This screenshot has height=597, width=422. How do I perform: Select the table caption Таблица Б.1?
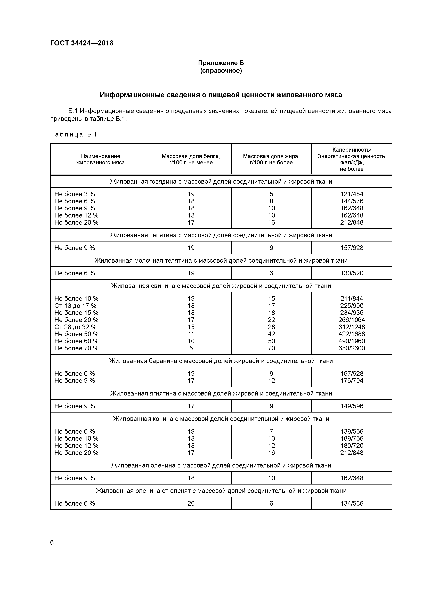coord(73,134)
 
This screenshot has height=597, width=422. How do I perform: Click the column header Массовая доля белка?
coord(191,159)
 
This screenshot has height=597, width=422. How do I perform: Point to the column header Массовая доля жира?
coord(271,159)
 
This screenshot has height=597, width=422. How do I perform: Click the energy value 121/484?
coord(352,194)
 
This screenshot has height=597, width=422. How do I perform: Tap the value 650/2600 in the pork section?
coord(352,348)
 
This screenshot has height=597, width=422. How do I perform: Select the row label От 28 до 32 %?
coord(75,327)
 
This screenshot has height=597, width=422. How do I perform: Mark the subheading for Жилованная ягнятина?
coord(221,393)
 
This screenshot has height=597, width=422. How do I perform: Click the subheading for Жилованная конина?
coord(221,419)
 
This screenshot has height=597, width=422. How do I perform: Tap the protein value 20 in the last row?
coord(191,503)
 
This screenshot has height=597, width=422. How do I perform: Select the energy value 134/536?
coord(352,503)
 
